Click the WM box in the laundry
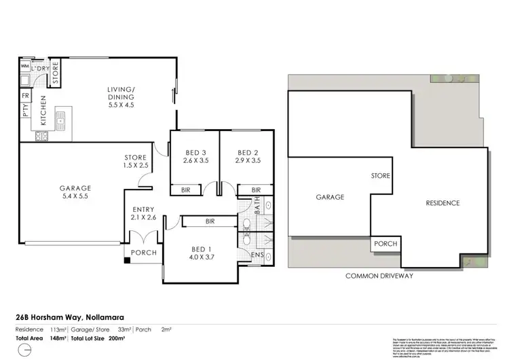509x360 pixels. click(x=25, y=67)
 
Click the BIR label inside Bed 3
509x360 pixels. click(x=185, y=190)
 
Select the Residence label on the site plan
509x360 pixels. click(x=442, y=202)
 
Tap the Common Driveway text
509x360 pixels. click(x=381, y=276)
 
